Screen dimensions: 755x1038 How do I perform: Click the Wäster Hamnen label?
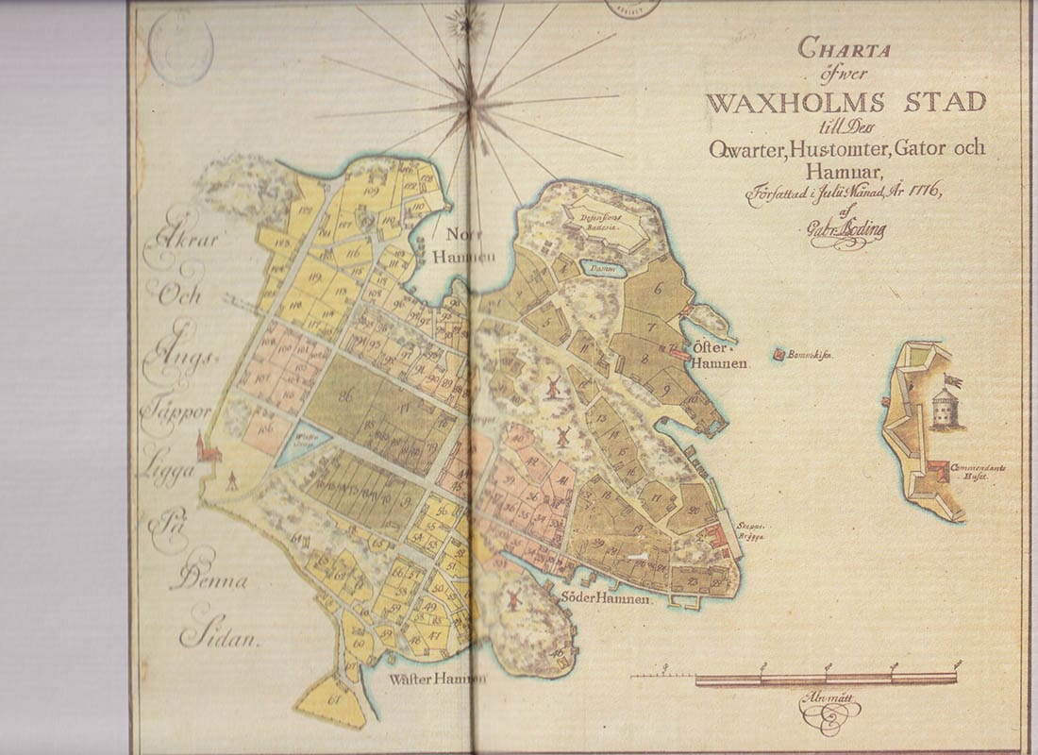pyautogui.click(x=440, y=679)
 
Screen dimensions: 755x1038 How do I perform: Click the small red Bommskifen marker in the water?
pyautogui.click(x=779, y=354)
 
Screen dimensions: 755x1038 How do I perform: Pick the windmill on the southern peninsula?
pyautogui.click(x=514, y=598)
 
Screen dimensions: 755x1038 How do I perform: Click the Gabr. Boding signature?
pyautogui.click(x=845, y=232)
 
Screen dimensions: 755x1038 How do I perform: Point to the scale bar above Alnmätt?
pyautogui.click(x=793, y=678)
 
